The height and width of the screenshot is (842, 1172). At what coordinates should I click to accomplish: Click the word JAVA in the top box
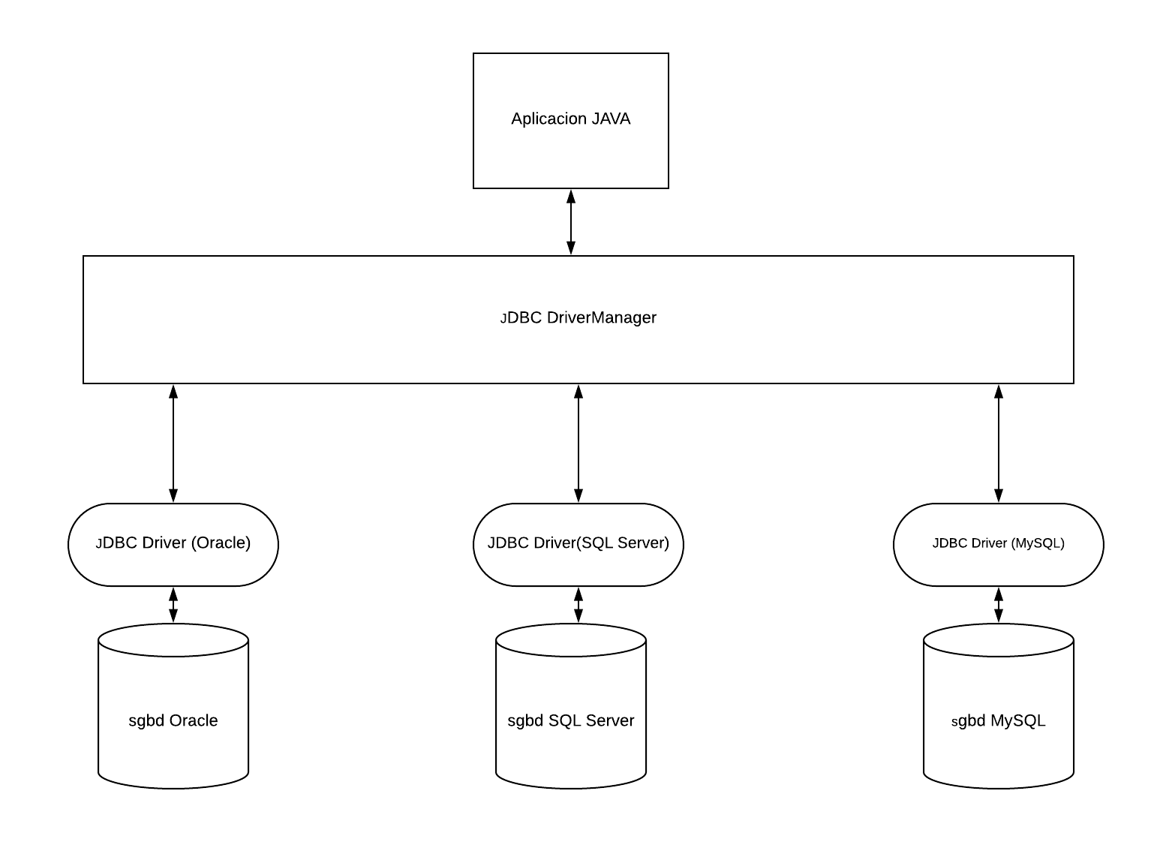tap(611, 119)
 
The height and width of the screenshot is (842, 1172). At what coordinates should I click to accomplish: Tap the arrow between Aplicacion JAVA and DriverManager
tap(571, 222)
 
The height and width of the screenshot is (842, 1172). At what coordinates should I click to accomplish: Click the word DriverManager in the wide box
tap(601, 317)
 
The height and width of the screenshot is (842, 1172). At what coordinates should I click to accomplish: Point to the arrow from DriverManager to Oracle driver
tap(173, 444)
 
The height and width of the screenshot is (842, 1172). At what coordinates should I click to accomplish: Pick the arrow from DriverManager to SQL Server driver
tap(578, 444)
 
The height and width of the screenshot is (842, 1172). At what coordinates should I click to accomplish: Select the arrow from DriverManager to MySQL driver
tap(998, 444)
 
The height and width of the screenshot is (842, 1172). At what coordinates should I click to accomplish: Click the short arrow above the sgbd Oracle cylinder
tap(173, 605)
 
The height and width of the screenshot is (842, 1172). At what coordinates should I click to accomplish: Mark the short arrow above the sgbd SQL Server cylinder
tap(578, 605)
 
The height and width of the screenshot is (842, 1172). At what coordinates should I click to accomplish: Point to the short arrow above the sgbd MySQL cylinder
tap(998, 605)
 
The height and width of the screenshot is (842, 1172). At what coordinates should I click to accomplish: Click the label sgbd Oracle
tap(173, 721)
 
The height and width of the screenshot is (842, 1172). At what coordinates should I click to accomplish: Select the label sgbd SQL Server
tap(571, 721)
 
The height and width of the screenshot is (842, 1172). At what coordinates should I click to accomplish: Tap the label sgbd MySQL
tap(998, 721)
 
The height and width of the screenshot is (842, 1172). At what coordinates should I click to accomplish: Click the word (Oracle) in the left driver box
tap(221, 543)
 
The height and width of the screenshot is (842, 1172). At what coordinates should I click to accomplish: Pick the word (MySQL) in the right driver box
tap(1038, 543)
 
